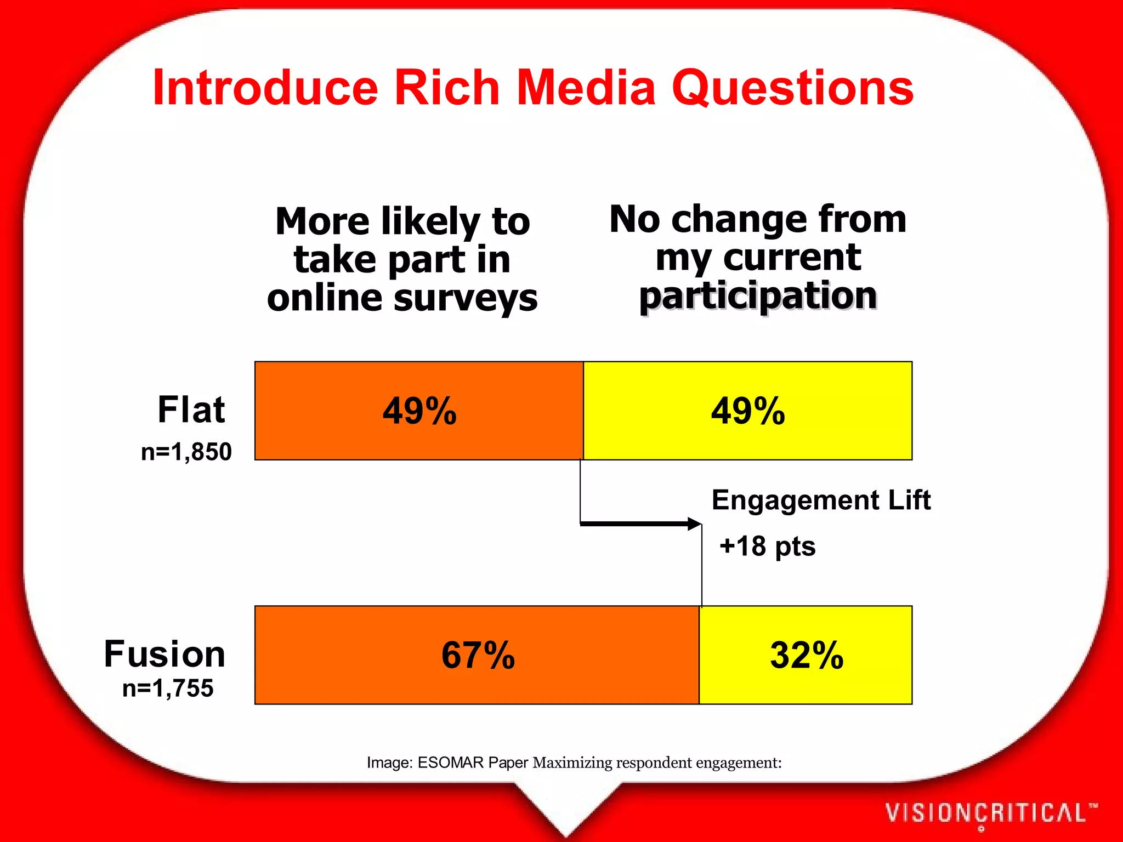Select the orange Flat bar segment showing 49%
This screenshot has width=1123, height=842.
(x=419, y=411)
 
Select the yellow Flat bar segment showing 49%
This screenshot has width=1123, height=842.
(x=747, y=411)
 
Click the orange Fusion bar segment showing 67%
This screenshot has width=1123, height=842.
(x=477, y=655)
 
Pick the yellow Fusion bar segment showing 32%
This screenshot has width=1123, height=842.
(x=806, y=655)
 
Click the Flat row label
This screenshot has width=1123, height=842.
(x=191, y=409)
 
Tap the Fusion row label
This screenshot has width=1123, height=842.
(x=165, y=654)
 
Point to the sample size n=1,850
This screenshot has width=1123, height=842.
(x=186, y=452)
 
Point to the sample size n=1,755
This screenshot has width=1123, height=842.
(x=168, y=689)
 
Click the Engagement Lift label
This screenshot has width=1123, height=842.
(x=821, y=500)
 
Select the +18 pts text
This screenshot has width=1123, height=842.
(x=767, y=547)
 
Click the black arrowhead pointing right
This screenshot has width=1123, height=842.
(x=694, y=524)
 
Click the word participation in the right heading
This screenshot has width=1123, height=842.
(x=758, y=296)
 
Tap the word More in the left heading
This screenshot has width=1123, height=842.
(x=322, y=221)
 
